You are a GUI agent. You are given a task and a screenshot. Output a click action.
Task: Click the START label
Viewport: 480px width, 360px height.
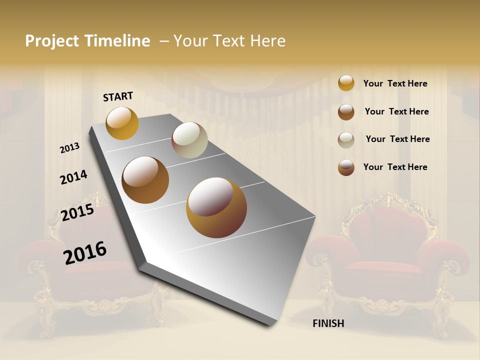tap(118, 96)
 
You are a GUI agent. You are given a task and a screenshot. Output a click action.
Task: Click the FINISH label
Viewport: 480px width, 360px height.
tap(328, 323)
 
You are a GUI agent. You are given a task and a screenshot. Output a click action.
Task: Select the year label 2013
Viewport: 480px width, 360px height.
tap(70, 148)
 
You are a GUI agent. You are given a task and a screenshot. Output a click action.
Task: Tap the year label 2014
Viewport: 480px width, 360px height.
tap(73, 177)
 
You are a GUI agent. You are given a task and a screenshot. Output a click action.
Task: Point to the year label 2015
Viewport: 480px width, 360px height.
tap(77, 212)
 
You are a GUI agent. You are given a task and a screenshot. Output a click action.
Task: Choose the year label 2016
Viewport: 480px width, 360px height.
tap(85, 253)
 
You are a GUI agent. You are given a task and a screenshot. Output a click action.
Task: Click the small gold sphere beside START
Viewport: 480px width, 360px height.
tap(122, 123)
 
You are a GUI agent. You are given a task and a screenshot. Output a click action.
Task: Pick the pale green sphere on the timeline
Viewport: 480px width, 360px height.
tap(189, 140)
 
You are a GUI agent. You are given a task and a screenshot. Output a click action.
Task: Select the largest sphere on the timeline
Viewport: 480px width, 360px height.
tap(216, 207)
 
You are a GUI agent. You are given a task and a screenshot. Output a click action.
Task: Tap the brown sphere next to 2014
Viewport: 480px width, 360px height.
tap(145, 180)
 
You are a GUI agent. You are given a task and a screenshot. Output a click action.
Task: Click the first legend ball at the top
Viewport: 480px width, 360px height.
tap(346, 83)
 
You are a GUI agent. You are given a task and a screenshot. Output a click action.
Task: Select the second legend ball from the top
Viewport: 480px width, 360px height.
tap(346, 112)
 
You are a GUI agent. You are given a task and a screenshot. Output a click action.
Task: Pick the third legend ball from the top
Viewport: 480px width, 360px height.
tap(346, 140)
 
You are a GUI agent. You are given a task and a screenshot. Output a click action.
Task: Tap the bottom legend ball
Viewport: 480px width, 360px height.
tap(346, 167)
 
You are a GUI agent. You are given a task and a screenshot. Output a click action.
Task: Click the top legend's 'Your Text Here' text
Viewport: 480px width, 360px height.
tap(395, 83)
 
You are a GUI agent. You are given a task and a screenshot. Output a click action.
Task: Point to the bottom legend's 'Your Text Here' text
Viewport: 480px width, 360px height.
tap(395, 167)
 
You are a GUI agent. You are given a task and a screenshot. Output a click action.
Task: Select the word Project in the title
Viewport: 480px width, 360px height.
tap(51, 41)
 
